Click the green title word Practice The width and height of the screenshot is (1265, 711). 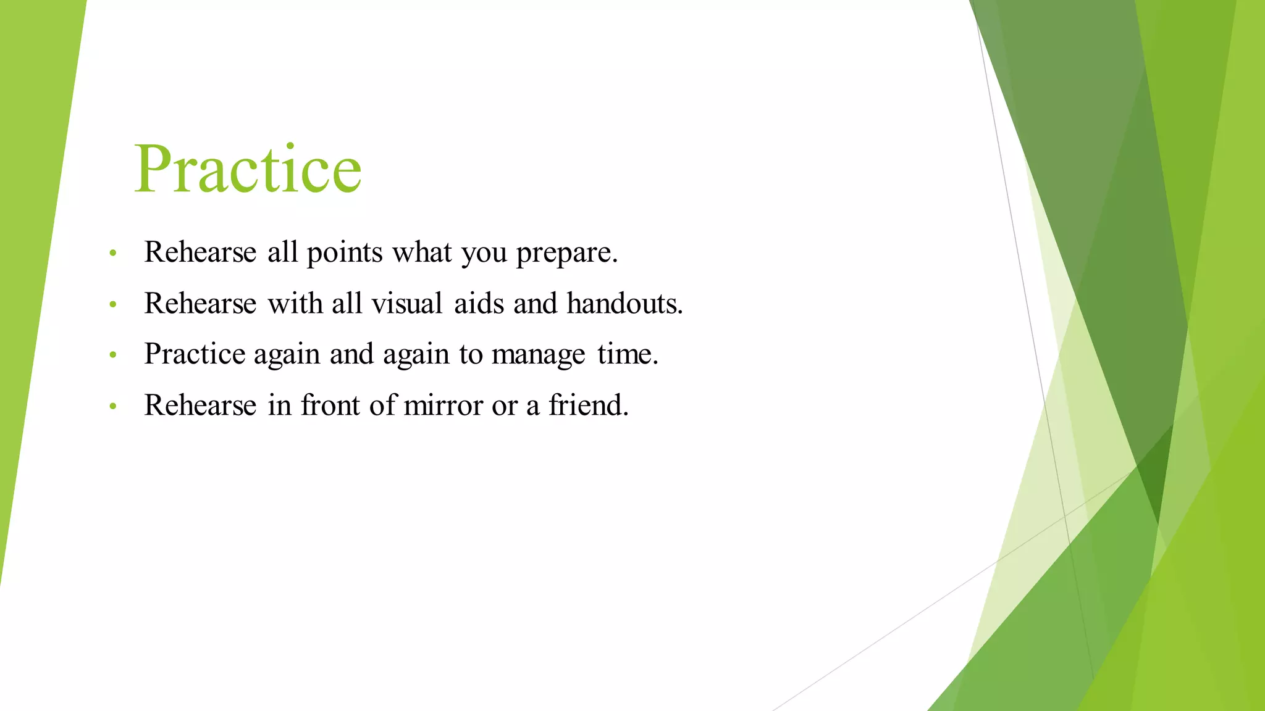(247, 168)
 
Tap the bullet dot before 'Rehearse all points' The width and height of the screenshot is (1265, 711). (112, 253)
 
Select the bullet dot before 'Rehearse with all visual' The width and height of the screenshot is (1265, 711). (112, 304)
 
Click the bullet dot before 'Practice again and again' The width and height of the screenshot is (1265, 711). (112, 355)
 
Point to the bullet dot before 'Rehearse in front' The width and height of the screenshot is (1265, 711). (112, 406)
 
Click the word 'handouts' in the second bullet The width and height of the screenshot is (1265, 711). (624, 304)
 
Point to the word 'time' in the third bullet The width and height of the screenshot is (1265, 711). (626, 354)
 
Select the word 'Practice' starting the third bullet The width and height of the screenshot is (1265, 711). (195, 354)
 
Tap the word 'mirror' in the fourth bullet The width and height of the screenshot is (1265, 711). (443, 405)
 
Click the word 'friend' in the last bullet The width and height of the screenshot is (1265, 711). (587, 405)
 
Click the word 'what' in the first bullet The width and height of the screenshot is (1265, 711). (422, 252)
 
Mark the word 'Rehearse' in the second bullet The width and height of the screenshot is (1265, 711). (200, 304)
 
